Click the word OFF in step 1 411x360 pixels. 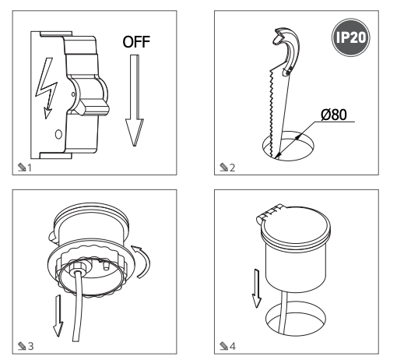pos(136,42)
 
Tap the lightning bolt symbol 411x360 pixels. pos(47,88)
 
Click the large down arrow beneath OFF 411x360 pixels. pos(135,101)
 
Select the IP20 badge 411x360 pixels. pos(351,37)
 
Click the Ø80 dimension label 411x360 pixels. pos(334,115)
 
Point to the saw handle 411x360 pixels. pos(287,51)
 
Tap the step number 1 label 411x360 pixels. pos(25,168)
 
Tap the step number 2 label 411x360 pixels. pos(227,168)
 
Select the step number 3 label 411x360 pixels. pos(26,346)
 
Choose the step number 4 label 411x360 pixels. pos(227,346)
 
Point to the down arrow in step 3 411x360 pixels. pos(58,316)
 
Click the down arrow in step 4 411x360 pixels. pos(257,288)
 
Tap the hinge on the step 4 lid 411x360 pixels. pos(269,212)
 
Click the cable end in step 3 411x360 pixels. pos(76,337)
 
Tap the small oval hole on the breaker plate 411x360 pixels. pos(58,134)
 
